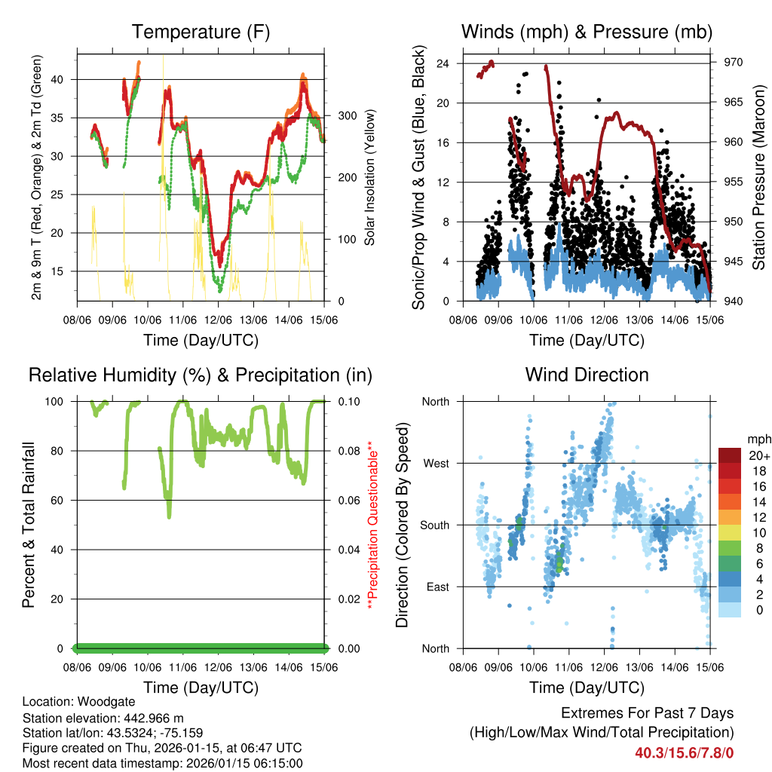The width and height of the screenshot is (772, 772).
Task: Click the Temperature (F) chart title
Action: coord(201,32)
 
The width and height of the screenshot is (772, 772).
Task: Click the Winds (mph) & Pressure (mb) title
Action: coord(587,32)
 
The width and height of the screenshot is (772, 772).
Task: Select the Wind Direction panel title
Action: coord(587,375)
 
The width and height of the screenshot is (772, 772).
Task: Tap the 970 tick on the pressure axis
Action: coord(734,63)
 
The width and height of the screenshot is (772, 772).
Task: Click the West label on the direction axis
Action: coord(436,463)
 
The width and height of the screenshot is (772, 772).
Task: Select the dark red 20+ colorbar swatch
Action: coord(730,455)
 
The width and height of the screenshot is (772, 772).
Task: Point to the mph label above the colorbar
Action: coord(757,439)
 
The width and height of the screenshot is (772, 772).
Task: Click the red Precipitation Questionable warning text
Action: coord(370,525)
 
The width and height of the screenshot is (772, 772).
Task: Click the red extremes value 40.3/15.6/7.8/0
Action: coord(684,752)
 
